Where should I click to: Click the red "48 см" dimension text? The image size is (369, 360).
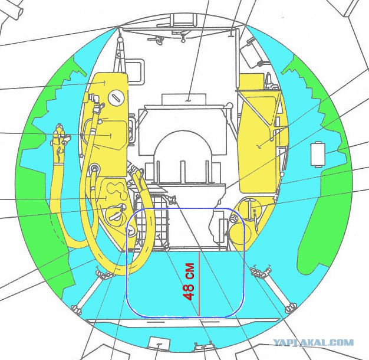[189, 282]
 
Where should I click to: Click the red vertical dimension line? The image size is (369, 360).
[199, 284]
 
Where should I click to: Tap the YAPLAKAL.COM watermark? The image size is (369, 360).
[314, 342]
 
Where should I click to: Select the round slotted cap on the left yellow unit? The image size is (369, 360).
[116, 97]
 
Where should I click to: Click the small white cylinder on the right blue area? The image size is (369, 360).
[318, 155]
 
